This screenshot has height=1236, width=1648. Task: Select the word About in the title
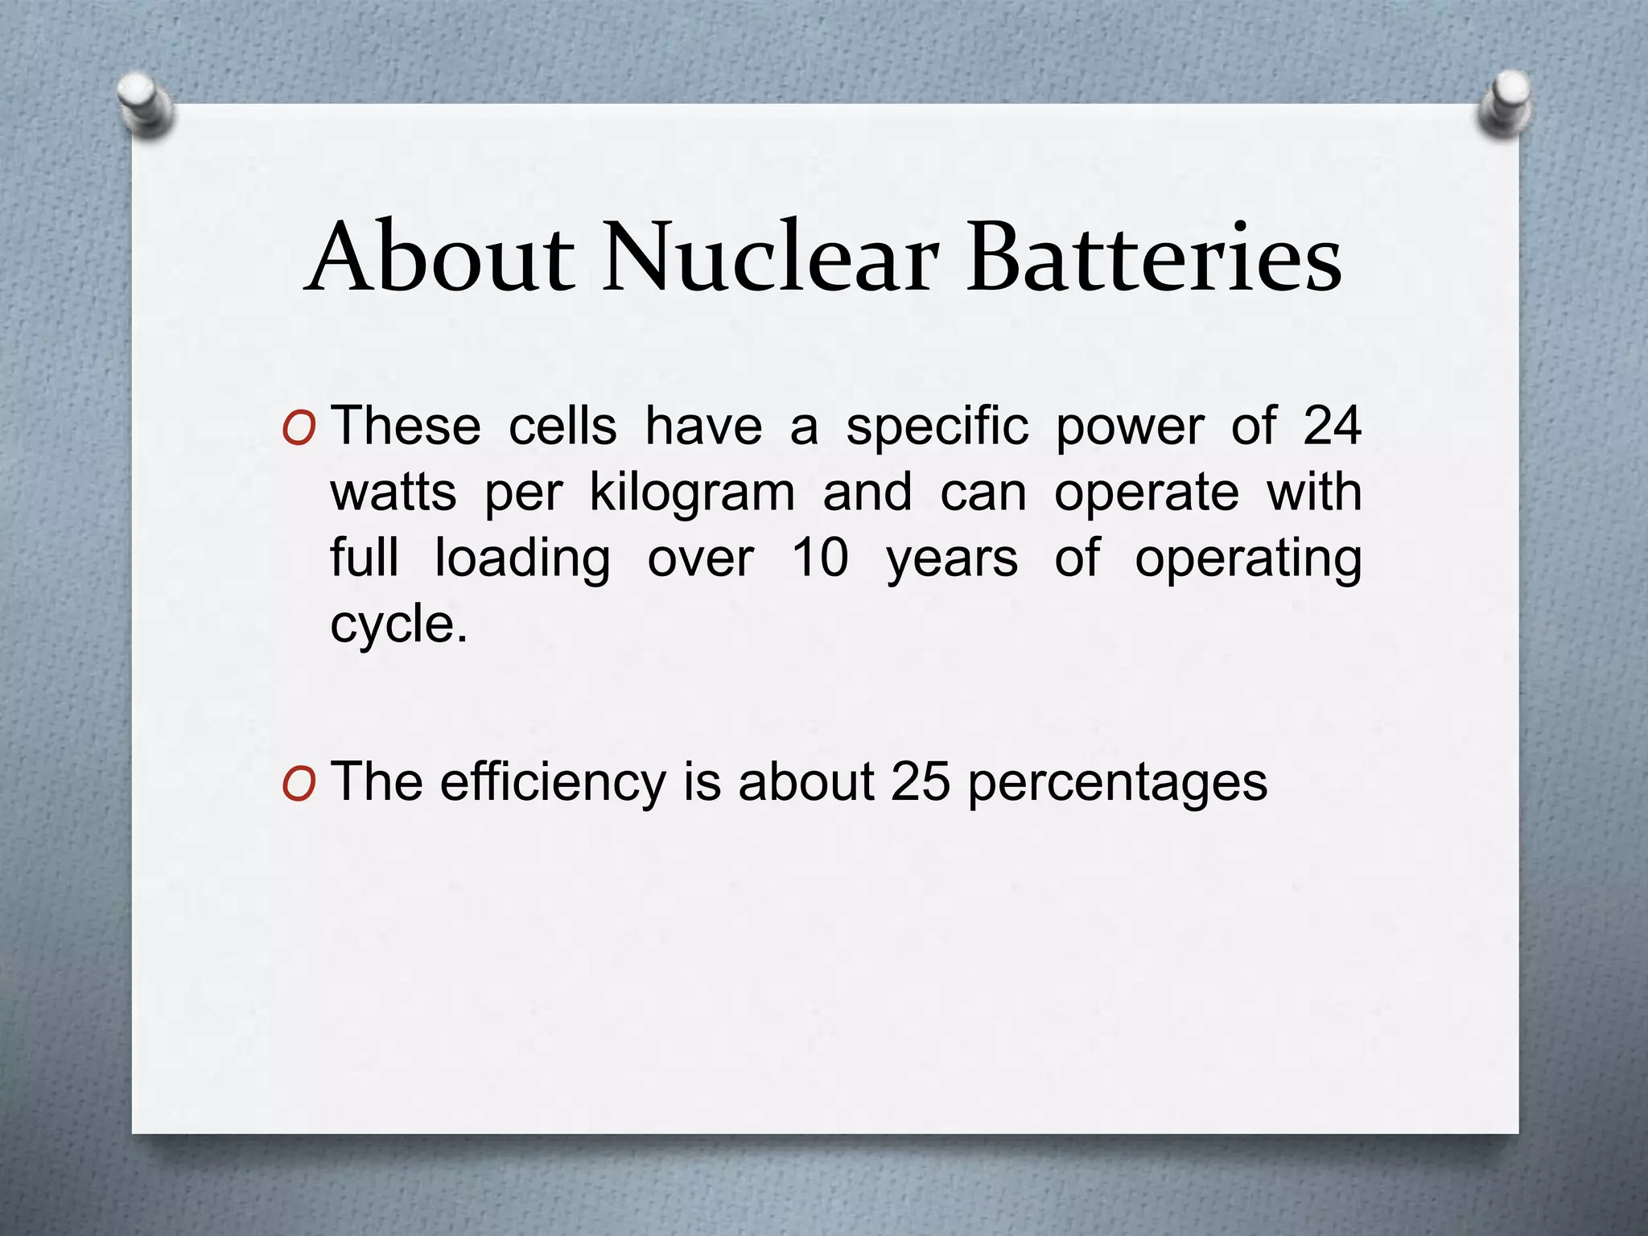pos(442,257)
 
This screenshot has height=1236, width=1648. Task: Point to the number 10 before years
pos(820,557)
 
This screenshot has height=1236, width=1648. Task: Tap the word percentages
pos(1117,782)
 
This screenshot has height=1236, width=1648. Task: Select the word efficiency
pos(553,781)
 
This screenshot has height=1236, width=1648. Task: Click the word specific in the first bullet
pos(937,426)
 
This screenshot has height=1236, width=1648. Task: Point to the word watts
pos(393,492)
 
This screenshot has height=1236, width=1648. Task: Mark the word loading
pos(522,558)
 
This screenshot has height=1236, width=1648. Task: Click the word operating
pos(1248,558)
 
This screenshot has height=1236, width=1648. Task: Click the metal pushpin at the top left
pos(144,104)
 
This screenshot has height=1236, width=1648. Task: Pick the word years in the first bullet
pos(951,558)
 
